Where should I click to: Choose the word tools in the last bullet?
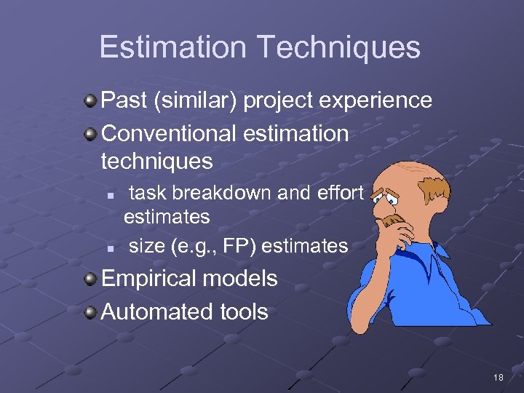click(x=244, y=312)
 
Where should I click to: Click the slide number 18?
click(x=498, y=377)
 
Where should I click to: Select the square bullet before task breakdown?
click(x=108, y=194)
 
